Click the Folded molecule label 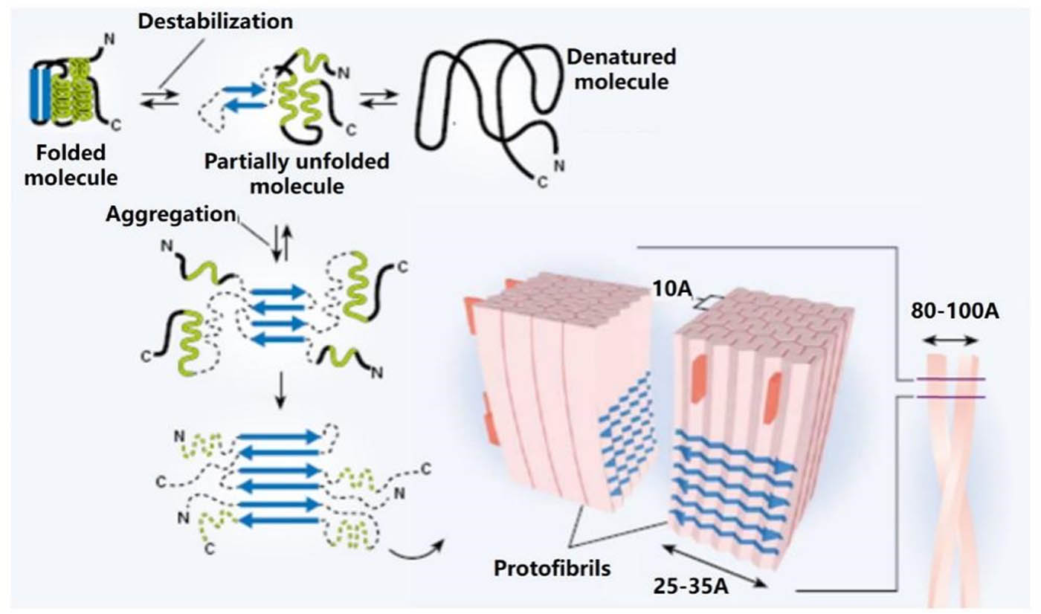pyautogui.click(x=73, y=165)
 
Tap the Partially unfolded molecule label pyautogui.click(x=297, y=172)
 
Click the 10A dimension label pyautogui.click(x=669, y=286)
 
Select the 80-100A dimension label pyautogui.click(x=954, y=311)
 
